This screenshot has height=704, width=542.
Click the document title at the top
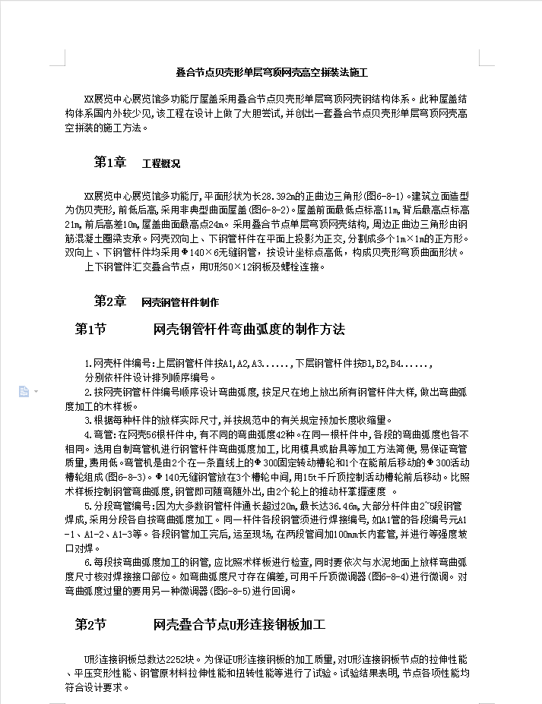[x=271, y=73]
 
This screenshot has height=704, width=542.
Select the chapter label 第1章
[x=109, y=163]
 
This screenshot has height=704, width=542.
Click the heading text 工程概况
[x=161, y=163]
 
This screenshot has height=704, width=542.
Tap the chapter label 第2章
[x=109, y=301]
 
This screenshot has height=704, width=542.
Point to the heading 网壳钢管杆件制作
[x=180, y=301]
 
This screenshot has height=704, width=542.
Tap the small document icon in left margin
[x=24, y=391]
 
